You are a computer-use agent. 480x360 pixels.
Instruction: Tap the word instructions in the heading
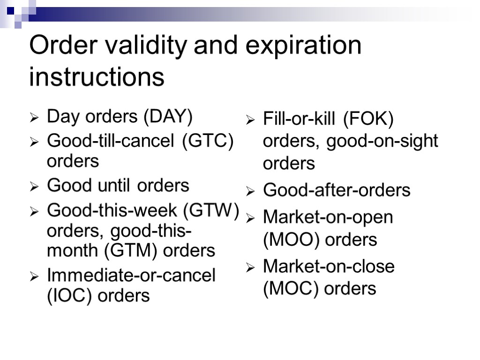[x=97, y=76]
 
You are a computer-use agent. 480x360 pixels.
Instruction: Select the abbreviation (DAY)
[x=168, y=117]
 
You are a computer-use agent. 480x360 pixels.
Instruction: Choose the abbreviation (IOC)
[x=70, y=295]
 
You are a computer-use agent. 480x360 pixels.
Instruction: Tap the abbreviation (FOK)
[x=368, y=119]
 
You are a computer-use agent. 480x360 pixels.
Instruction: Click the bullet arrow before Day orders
[x=35, y=118]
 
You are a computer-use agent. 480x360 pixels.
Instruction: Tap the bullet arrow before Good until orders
[x=35, y=187]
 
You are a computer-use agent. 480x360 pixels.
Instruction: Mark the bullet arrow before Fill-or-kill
[x=251, y=120]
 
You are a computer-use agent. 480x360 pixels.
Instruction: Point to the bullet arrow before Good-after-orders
[x=251, y=192]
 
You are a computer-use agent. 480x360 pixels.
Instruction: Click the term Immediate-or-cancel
[x=131, y=275]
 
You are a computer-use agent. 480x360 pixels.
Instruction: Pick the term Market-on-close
[x=329, y=266]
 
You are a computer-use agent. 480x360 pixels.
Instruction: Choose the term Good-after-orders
[x=337, y=190]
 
